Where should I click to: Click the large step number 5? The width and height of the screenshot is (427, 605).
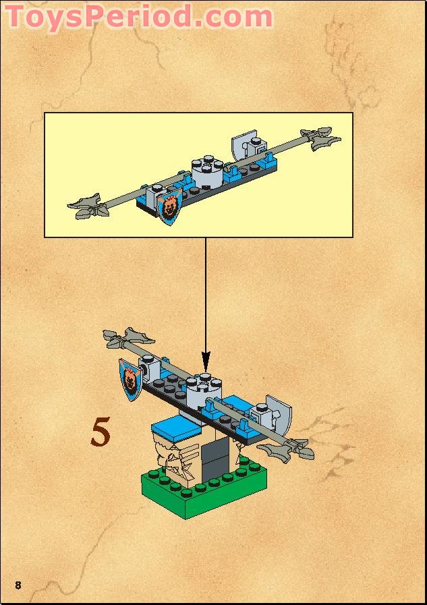101,432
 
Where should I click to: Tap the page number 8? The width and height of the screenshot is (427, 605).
18,584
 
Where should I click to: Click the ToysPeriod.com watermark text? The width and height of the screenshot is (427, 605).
139,16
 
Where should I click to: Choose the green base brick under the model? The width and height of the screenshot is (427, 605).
202,492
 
